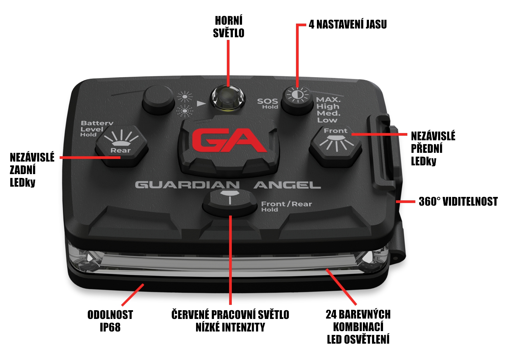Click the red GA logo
(x=229, y=140)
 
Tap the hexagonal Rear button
(x=121, y=146)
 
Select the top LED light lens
(x=228, y=99)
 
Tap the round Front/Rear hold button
(x=230, y=202)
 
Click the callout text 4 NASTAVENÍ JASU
(x=348, y=24)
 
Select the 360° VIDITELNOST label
(x=458, y=201)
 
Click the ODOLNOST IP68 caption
(x=110, y=321)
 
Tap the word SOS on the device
(x=268, y=101)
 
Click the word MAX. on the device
(x=328, y=100)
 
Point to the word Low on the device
(x=327, y=120)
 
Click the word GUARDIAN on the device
(x=187, y=185)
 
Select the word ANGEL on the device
(x=287, y=185)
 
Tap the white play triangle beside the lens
(x=201, y=103)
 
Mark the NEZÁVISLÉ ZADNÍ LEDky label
(x=32, y=170)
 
